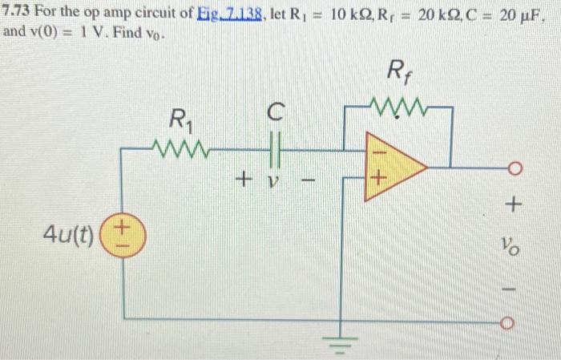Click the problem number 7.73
17,13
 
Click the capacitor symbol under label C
274,148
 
